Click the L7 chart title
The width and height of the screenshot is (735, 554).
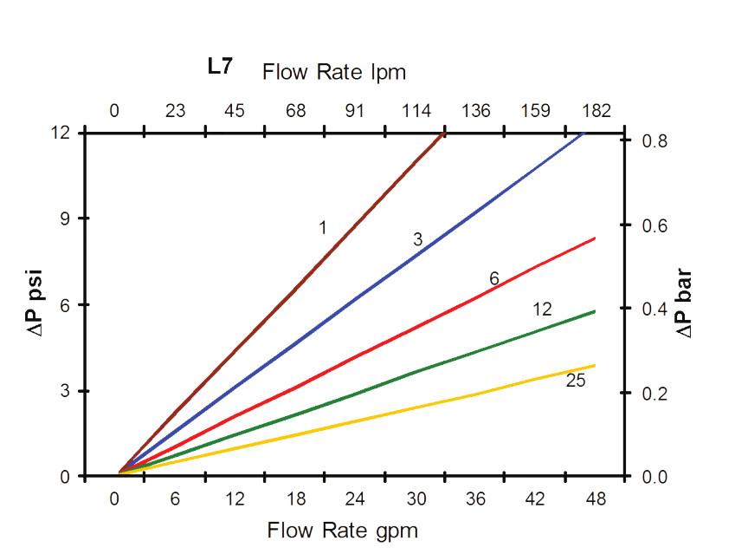(219, 67)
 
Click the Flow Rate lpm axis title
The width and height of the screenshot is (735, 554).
(333, 71)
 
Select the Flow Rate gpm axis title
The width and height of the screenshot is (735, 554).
(342, 530)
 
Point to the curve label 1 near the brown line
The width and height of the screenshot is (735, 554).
(322, 228)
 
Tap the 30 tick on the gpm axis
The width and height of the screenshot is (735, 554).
(415, 499)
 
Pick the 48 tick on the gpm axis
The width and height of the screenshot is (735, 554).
(596, 499)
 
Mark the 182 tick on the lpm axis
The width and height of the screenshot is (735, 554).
(596, 111)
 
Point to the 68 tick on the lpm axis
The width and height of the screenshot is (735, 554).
(295, 111)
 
